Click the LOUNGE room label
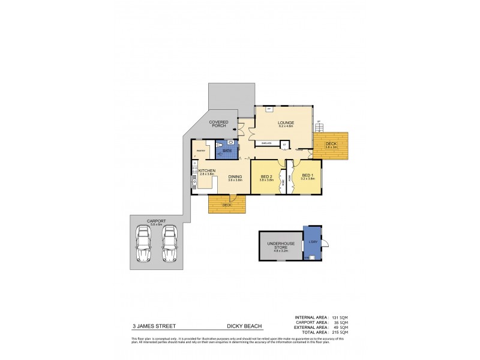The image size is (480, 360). (x=286, y=122)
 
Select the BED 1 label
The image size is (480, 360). (x=307, y=176)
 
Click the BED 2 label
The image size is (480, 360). (x=266, y=176)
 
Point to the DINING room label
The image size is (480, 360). (x=235, y=176)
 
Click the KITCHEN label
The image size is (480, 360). (x=207, y=171)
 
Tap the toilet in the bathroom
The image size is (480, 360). (x=221, y=146)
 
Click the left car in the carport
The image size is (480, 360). (x=145, y=244)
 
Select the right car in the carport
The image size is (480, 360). (x=170, y=244)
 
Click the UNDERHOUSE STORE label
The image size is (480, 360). (x=281, y=244)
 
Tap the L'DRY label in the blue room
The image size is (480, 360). (x=312, y=241)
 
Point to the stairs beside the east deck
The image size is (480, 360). (x=319, y=128)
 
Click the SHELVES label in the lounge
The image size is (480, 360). (x=267, y=143)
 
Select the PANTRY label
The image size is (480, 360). (x=201, y=150)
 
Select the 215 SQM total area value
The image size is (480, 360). (x=339, y=332)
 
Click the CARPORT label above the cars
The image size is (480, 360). (x=157, y=220)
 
